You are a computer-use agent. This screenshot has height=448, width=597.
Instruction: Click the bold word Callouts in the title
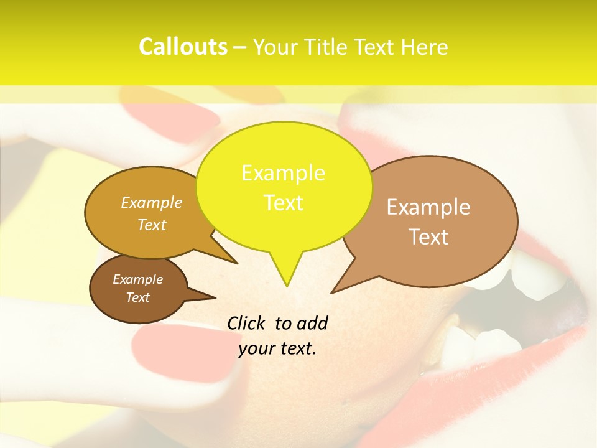[x=183, y=47]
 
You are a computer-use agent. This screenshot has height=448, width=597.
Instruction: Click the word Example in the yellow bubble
[x=283, y=173]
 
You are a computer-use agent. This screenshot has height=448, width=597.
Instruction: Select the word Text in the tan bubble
[x=428, y=237]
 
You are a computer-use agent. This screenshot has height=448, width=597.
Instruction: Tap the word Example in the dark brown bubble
[x=137, y=279]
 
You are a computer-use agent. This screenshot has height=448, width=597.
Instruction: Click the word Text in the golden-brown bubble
[x=152, y=225]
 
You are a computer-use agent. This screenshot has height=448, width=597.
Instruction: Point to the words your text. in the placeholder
[x=277, y=349]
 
